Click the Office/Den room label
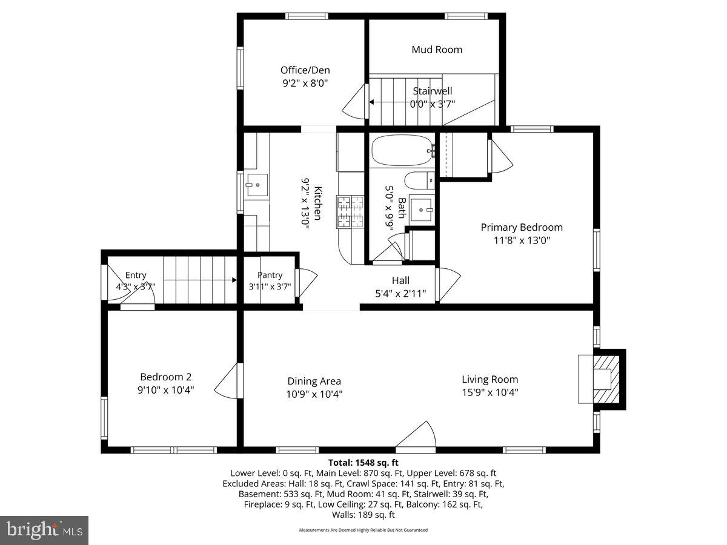pyautogui.click(x=304, y=70)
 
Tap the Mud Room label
pyautogui.click(x=437, y=50)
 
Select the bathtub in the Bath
pyautogui.click(x=401, y=151)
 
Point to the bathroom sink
pyautogui.click(x=422, y=210)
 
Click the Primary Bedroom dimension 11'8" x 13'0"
pyautogui.click(x=522, y=240)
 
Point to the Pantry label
pyautogui.click(x=270, y=276)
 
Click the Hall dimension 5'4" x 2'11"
pyautogui.click(x=400, y=294)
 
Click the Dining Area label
pyautogui.click(x=314, y=381)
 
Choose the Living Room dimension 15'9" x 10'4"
pyautogui.click(x=490, y=392)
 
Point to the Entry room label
pyautogui.click(x=136, y=276)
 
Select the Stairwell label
pyautogui.click(x=433, y=91)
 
